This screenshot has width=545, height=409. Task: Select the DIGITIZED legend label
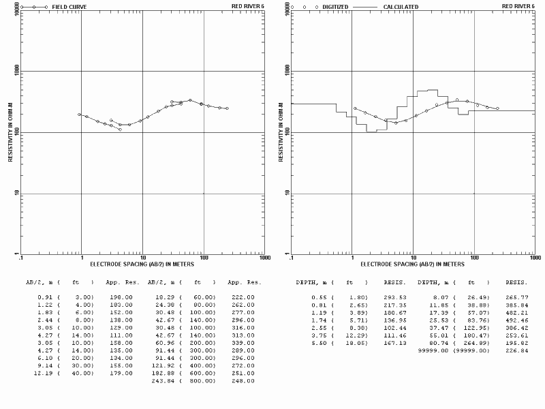coord(336,6)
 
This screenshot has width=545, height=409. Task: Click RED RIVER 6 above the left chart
coord(249,6)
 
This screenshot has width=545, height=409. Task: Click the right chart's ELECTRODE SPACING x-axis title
coord(412,263)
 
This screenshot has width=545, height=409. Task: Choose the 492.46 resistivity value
coord(517,320)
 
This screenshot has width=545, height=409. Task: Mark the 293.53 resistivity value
coord(394,297)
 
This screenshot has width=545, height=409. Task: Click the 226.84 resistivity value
coord(517,350)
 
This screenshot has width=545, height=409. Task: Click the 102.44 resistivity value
coord(394,328)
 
